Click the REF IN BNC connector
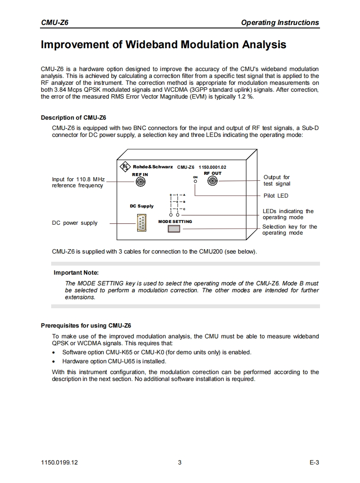pos(140,182)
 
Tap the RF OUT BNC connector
pos(212,181)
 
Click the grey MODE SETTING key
pos(174,229)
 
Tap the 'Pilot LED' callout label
pos(276,196)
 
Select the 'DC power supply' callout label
pos(75,223)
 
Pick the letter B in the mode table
pos(184,201)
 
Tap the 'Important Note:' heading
pos(76,272)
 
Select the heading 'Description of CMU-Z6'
pos(74,118)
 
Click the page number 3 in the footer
pos(180,463)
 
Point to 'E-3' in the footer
pos(314,463)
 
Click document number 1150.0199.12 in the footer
pos(59,463)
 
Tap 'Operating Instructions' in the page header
pos(280,23)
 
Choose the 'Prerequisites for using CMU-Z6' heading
pos(86,325)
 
